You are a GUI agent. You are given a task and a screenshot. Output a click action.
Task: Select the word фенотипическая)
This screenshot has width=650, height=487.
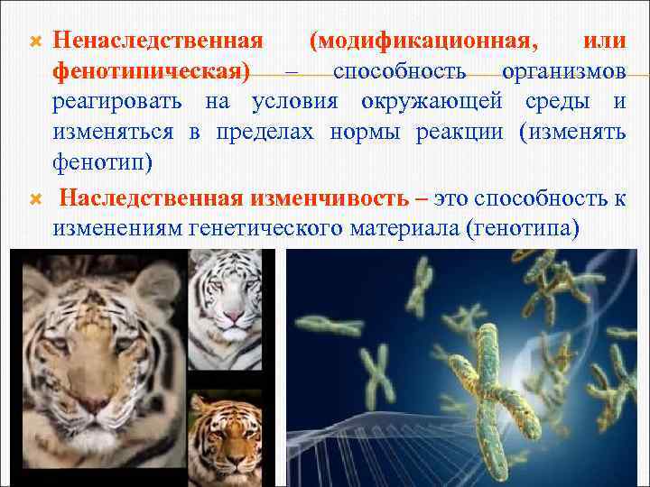tap(153, 71)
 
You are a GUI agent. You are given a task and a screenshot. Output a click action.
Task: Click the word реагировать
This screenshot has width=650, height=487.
tap(120, 101)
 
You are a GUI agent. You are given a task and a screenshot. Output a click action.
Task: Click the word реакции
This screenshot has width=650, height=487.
tap(462, 132)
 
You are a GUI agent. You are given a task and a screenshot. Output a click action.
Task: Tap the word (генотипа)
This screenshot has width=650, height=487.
tap(519, 228)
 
